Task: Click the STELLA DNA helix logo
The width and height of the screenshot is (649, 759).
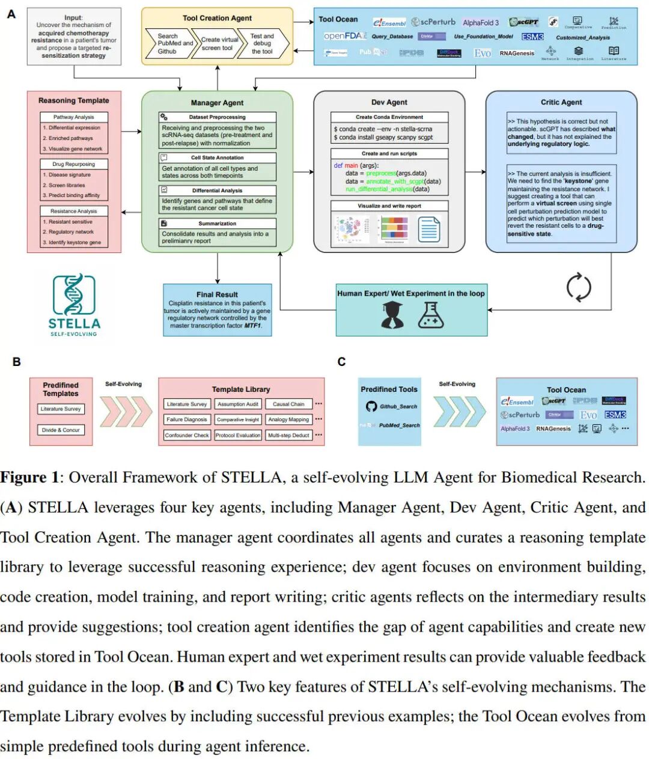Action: click(x=74, y=295)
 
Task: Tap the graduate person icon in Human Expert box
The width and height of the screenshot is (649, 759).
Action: click(x=392, y=315)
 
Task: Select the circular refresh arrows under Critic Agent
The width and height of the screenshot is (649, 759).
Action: click(x=579, y=287)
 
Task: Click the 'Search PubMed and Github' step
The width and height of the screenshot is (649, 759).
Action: click(x=168, y=44)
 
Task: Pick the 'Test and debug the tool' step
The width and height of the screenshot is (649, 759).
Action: click(x=262, y=44)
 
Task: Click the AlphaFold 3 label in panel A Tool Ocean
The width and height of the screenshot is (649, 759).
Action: click(x=481, y=23)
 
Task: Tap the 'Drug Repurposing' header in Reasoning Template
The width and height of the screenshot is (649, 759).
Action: click(x=74, y=164)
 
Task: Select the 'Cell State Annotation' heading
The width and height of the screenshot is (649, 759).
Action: click(x=217, y=157)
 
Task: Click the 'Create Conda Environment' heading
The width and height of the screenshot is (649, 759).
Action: click(x=389, y=117)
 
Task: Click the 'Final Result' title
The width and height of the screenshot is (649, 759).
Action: click(x=217, y=294)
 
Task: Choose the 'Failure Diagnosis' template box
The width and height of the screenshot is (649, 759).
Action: click(x=187, y=419)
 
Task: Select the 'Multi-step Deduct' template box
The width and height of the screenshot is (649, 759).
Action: click(x=288, y=435)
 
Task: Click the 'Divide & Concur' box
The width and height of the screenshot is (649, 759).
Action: click(x=61, y=430)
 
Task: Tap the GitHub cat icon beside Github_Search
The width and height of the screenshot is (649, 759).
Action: click(x=371, y=406)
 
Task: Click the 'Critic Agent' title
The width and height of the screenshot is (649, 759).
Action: click(x=561, y=102)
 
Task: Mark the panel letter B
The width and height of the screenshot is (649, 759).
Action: click(x=17, y=362)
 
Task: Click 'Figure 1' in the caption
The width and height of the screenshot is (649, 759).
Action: click(x=31, y=478)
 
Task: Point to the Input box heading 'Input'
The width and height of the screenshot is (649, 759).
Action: click(x=73, y=17)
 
